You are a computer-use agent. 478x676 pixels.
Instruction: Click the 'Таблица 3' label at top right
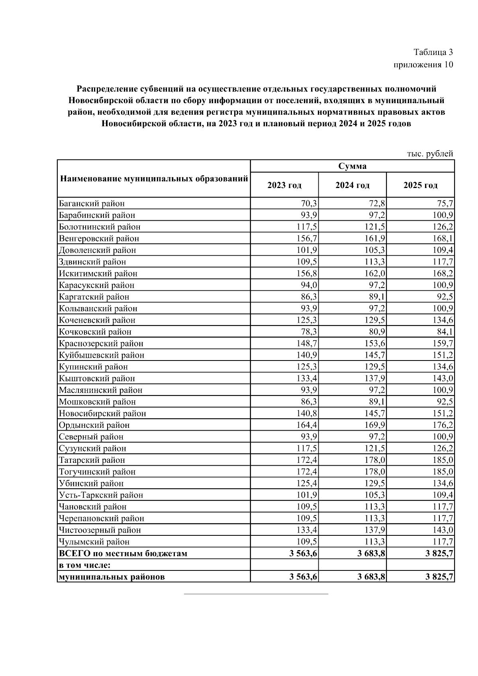[x=433, y=52]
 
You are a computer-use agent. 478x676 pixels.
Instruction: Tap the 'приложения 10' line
[x=423, y=65]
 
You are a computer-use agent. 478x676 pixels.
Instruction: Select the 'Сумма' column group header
[x=352, y=166]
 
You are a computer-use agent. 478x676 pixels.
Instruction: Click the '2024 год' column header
[x=352, y=185]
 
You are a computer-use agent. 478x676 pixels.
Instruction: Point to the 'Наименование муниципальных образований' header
[x=154, y=178]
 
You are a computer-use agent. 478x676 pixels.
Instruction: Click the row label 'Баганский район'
[x=92, y=204]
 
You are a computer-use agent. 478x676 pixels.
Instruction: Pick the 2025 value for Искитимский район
[x=443, y=274]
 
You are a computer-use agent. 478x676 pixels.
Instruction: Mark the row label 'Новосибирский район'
[x=102, y=413]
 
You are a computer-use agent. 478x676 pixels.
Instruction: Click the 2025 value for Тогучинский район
[x=443, y=472]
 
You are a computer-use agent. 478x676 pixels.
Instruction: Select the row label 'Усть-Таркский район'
[x=101, y=495]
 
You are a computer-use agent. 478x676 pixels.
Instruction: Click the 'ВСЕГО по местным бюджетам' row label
[x=123, y=553]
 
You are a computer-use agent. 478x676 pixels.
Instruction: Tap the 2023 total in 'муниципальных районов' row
[x=304, y=577]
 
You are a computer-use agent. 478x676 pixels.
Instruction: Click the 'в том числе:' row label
[x=84, y=565]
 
